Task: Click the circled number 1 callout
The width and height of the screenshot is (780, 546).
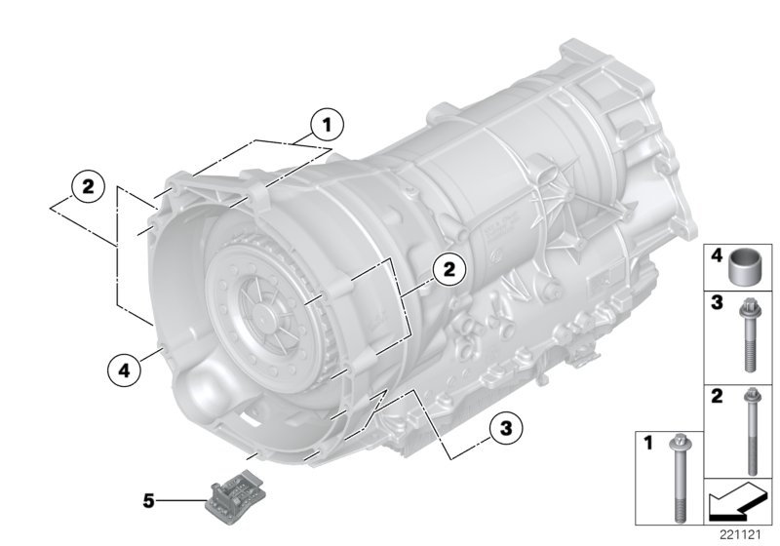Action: (x=328, y=124)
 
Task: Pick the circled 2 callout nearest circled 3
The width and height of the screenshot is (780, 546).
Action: (x=448, y=269)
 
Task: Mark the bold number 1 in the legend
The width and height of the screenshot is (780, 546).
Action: (x=645, y=443)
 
